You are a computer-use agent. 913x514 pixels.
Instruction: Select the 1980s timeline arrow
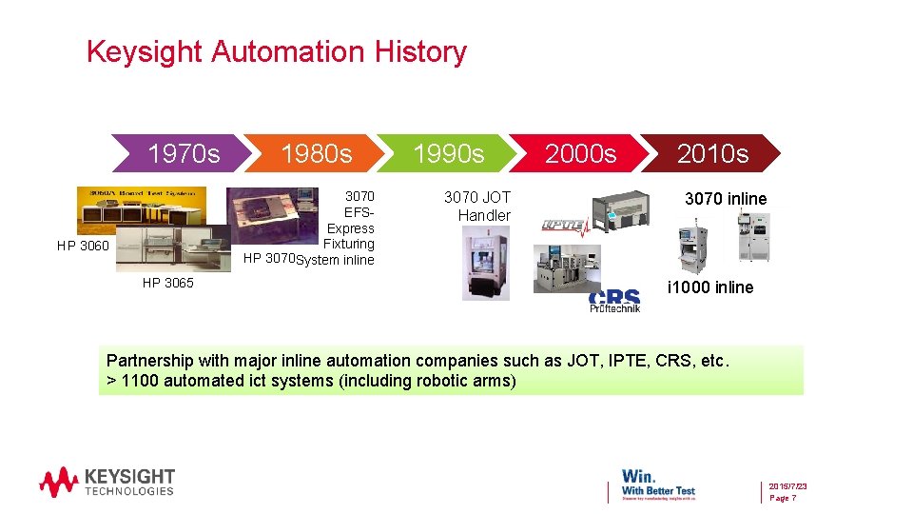pos(316,153)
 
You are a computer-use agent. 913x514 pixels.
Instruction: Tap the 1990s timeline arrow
pos(448,153)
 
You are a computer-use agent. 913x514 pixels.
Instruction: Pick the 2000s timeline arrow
pos(580,153)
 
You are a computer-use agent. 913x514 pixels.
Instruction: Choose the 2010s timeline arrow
pos(712,153)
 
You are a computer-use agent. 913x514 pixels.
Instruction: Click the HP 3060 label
pos(83,247)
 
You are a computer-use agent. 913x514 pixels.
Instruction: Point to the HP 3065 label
pos(167,283)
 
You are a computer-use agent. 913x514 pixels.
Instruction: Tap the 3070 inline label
pos(726,199)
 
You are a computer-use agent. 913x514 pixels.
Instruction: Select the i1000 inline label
pos(709,287)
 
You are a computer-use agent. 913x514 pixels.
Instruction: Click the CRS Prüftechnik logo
pos(614,301)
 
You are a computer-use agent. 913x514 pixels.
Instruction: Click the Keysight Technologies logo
pos(107,481)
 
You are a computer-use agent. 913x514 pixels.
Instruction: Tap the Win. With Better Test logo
pos(658,482)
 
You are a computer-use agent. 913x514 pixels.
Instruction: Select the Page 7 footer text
pos(783,498)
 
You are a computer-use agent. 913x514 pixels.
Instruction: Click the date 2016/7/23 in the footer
pos(787,485)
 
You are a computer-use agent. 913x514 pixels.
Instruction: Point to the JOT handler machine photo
pos(485,263)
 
